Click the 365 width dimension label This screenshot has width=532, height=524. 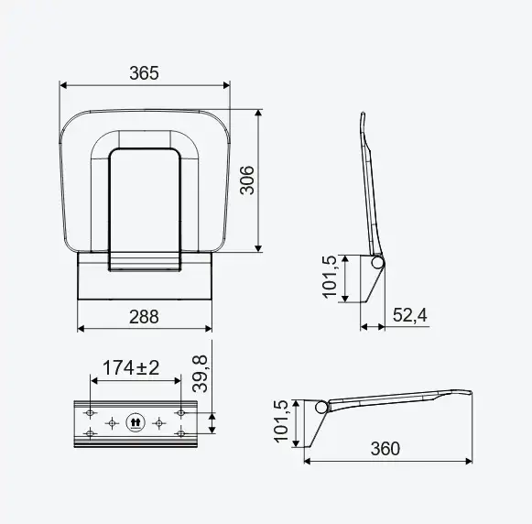coord(144,73)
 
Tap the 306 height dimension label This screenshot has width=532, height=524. coord(247,180)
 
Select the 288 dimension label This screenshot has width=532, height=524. coord(144,317)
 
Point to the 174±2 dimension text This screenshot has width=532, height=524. coord(131,367)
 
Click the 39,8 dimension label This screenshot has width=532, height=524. coord(200,374)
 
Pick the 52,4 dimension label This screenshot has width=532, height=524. coord(410,315)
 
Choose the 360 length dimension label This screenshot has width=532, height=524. coord(385,448)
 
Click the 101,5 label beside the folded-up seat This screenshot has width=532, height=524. coord(330,277)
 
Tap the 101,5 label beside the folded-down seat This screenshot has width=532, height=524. coord(281,421)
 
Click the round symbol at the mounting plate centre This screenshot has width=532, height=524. coord(136,423)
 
